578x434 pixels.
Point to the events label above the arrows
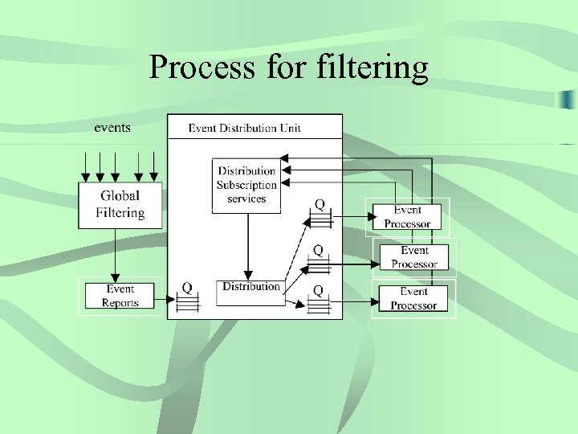pyautogui.click(x=112, y=127)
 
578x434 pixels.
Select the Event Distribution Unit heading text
pyautogui.click(x=244, y=128)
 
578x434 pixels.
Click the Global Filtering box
pyautogui.click(x=120, y=204)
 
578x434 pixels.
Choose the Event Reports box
pyautogui.click(x=120, y=296)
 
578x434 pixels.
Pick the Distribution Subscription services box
pyautogui.click(x=246, y=185)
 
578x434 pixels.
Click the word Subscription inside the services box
pyautogui.click(x=246, y=185)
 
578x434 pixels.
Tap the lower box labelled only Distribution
pyautogui.click(x=251, y=292)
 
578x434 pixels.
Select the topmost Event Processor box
pyautogui.click(x=407, y=217)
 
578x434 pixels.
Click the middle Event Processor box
pyautogui.click(x=414, y=257)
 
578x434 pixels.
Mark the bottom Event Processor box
pyautogui.click(x=413, y=298)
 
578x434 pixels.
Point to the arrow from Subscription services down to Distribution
pyautogui.click(x=248, y=245)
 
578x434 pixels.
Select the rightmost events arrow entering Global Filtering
pyautogui.click(x=155, y=166)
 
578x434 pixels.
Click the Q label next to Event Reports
pyautogui.click(x=186, y=287)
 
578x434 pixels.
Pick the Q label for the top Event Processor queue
pyautogui.click(x=320, y=204)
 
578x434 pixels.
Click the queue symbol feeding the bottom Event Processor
pyautogui.click(x=319, y=305)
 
